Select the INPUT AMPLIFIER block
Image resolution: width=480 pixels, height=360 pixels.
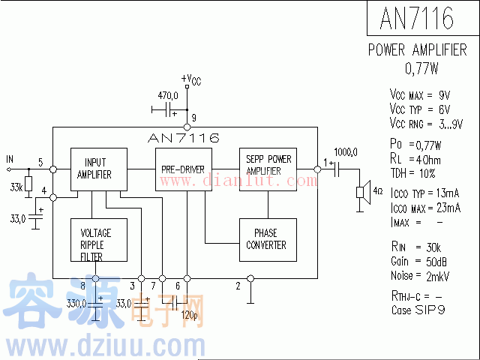click(x=98, y=169)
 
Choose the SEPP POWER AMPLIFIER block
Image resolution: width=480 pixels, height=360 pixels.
click(x=268, y=166)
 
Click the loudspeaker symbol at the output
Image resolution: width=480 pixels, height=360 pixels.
click(x=364, y=191)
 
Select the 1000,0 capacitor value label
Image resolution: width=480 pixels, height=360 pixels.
click(x=346, y=151)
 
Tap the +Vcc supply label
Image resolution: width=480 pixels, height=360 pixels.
click(x=191, y=79)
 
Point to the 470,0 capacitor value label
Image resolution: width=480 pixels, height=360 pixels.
click(x=167, y=96)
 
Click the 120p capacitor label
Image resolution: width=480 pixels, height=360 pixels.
click(x=190, y=316)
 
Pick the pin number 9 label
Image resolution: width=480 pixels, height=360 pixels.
click(x=193, y=118)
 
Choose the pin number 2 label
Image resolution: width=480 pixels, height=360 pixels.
click(x=238, y=286)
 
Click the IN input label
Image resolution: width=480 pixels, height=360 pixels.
click(x=10, y=158)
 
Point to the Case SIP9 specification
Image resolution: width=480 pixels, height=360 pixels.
click(x=418, y=309)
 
